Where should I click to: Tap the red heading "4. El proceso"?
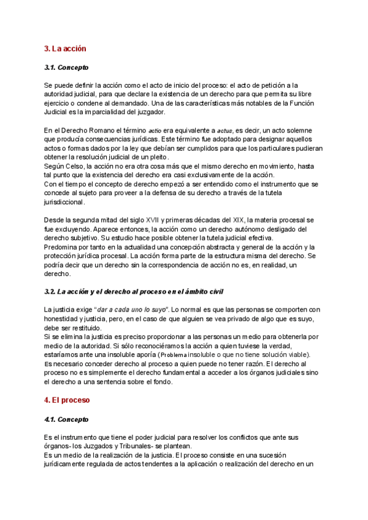pyautogui.click(x=67, y=400)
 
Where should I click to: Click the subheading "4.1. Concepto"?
pyautogui.click(x=66, y=419)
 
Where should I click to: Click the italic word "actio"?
pyautogui.click(x=155, y=131)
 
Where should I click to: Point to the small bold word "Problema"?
pyautogui.click(x=174, y=355)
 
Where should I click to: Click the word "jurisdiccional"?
pyautogui.click(x=64, y=202)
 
